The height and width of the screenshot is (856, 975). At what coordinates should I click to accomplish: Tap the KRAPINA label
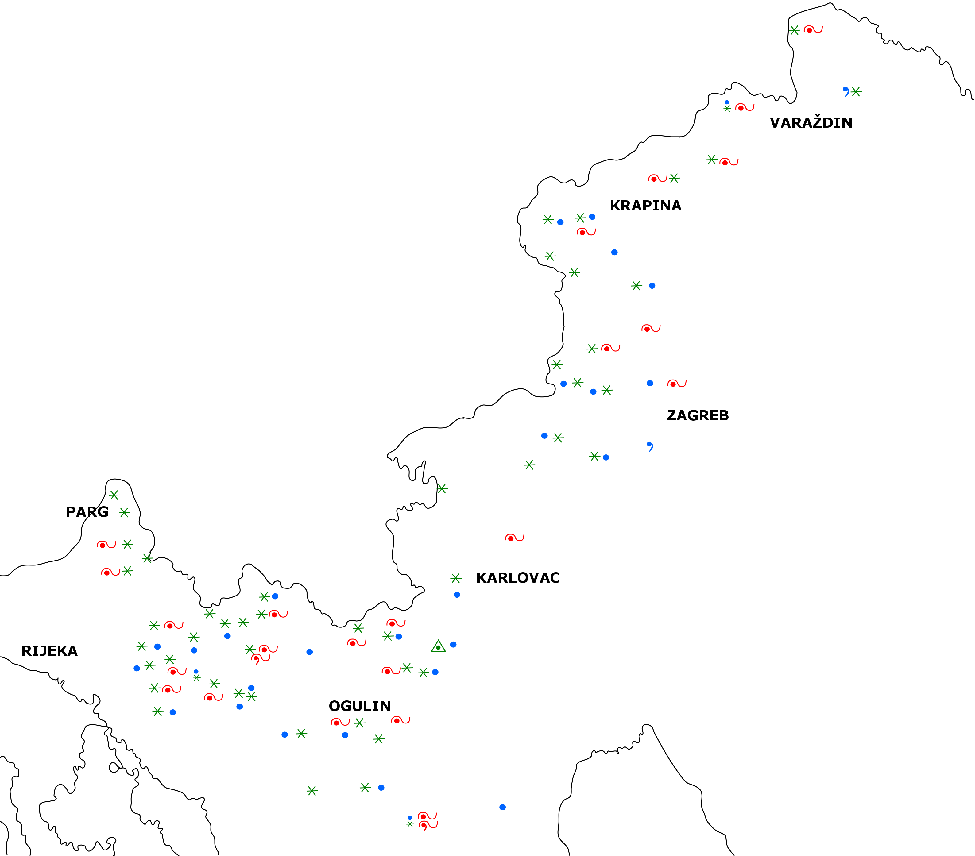[645, 206]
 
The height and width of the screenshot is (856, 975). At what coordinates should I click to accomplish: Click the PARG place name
[87, 512]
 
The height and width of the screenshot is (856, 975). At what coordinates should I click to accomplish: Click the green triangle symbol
[438, 647]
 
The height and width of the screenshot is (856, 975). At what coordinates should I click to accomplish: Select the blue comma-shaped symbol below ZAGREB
[650, 446]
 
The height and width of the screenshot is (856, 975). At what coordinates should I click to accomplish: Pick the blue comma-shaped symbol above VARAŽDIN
[846, 91]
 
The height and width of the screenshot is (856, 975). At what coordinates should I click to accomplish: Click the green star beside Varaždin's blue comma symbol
[856, 91]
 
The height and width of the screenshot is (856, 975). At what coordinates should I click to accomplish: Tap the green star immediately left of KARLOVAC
[455, 578]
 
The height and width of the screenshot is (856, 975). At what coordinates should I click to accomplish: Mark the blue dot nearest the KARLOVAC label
[456, 595]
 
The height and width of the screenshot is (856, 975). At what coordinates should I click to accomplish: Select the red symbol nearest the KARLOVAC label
[514, 538]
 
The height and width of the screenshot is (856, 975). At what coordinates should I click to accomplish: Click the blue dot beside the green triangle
[453, 644]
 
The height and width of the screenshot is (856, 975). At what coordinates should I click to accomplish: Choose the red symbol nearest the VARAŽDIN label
[744, 107]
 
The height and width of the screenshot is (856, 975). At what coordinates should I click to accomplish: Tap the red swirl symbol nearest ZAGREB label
[676, 384]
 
